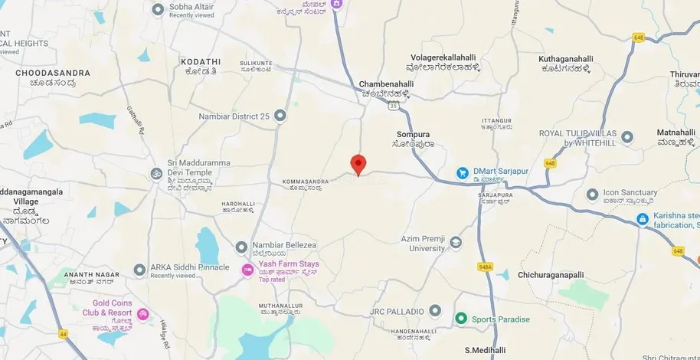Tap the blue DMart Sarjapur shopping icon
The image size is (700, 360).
pos(463,173)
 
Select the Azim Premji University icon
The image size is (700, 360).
pos(456,243)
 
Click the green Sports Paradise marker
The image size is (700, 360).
pos(460,318)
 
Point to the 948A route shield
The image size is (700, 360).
pos(485,267)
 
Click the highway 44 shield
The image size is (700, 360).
pos(63,334)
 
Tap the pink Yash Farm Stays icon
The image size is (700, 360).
pos(247,270)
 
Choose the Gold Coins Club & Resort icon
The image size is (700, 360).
pos(142,313)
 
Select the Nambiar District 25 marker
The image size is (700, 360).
pos(280,116)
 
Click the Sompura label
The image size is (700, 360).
pos(413,134)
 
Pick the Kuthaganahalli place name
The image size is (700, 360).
pos(566,58)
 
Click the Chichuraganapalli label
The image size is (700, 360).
pos(551,274)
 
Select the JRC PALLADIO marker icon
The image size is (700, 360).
pos(435,311)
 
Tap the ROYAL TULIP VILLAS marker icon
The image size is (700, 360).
pos(627,138)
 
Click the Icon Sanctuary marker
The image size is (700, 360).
pos(592,195)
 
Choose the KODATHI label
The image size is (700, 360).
pos(200,61)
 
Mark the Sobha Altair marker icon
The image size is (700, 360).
pos(159,9)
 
